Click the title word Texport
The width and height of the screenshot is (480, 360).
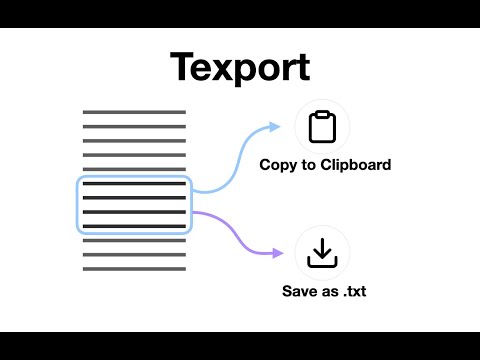240,66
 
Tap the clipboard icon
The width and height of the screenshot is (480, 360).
323,128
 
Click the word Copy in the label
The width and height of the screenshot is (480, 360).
279,165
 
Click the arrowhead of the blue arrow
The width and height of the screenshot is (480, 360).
277,127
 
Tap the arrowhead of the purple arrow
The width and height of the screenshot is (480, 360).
277,255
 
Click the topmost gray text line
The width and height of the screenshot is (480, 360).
134,112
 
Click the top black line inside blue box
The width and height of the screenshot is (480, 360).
134,185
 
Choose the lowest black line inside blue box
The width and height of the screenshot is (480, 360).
134,227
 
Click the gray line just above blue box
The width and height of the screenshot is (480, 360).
134,169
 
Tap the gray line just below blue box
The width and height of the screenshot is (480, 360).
134,241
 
